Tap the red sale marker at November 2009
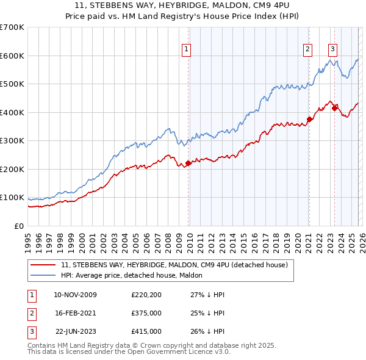pos(188,163)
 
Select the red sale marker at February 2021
pos(309,120)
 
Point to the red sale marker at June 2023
pos(335,108)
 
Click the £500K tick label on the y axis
pos(12,84)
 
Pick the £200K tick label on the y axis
pos(12,169)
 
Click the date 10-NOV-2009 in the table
pos(75,295)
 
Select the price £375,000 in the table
pos(146,313)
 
